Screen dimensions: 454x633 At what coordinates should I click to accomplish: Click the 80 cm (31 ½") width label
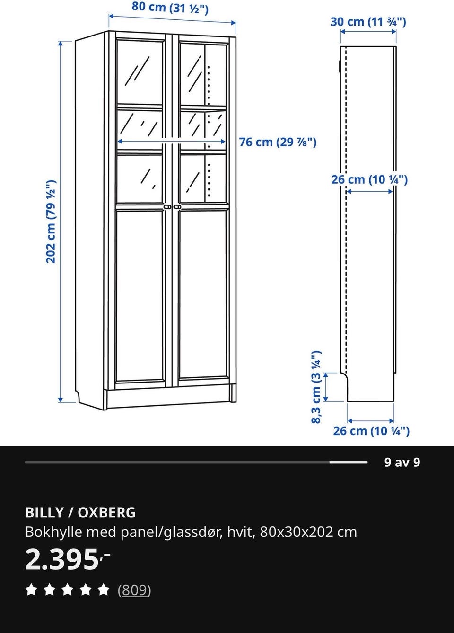pos(170,8)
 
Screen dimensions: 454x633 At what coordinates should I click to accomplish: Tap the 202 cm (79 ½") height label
pos(51,222)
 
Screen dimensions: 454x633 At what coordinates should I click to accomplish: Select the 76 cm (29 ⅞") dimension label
pos(278,142)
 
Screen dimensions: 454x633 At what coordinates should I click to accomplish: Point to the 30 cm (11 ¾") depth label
pos(368,22)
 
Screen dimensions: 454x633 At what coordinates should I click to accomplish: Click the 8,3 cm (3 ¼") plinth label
pos(316,387)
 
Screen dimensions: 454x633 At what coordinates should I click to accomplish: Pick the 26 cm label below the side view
pos(371,431)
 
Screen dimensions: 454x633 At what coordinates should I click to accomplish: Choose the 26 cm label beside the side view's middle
pos(369,179)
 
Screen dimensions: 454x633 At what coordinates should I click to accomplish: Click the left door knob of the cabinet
pos(167,207)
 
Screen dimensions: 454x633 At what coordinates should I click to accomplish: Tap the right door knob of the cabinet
pos(177,207)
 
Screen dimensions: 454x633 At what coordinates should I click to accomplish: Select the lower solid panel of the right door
pos(203,294)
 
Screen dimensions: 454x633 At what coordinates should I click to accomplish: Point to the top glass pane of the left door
pos(140,72)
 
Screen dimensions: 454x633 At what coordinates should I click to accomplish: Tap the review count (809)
pos(134,590)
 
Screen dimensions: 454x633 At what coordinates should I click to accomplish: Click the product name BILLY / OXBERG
pos(80,512)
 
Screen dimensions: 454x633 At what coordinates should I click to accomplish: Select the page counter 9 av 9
pos(402,462)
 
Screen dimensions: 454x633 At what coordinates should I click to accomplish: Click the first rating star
pos(31,589)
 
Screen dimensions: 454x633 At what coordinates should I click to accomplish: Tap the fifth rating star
pos(104,589)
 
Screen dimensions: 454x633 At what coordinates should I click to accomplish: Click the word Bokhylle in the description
pos(53,532)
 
